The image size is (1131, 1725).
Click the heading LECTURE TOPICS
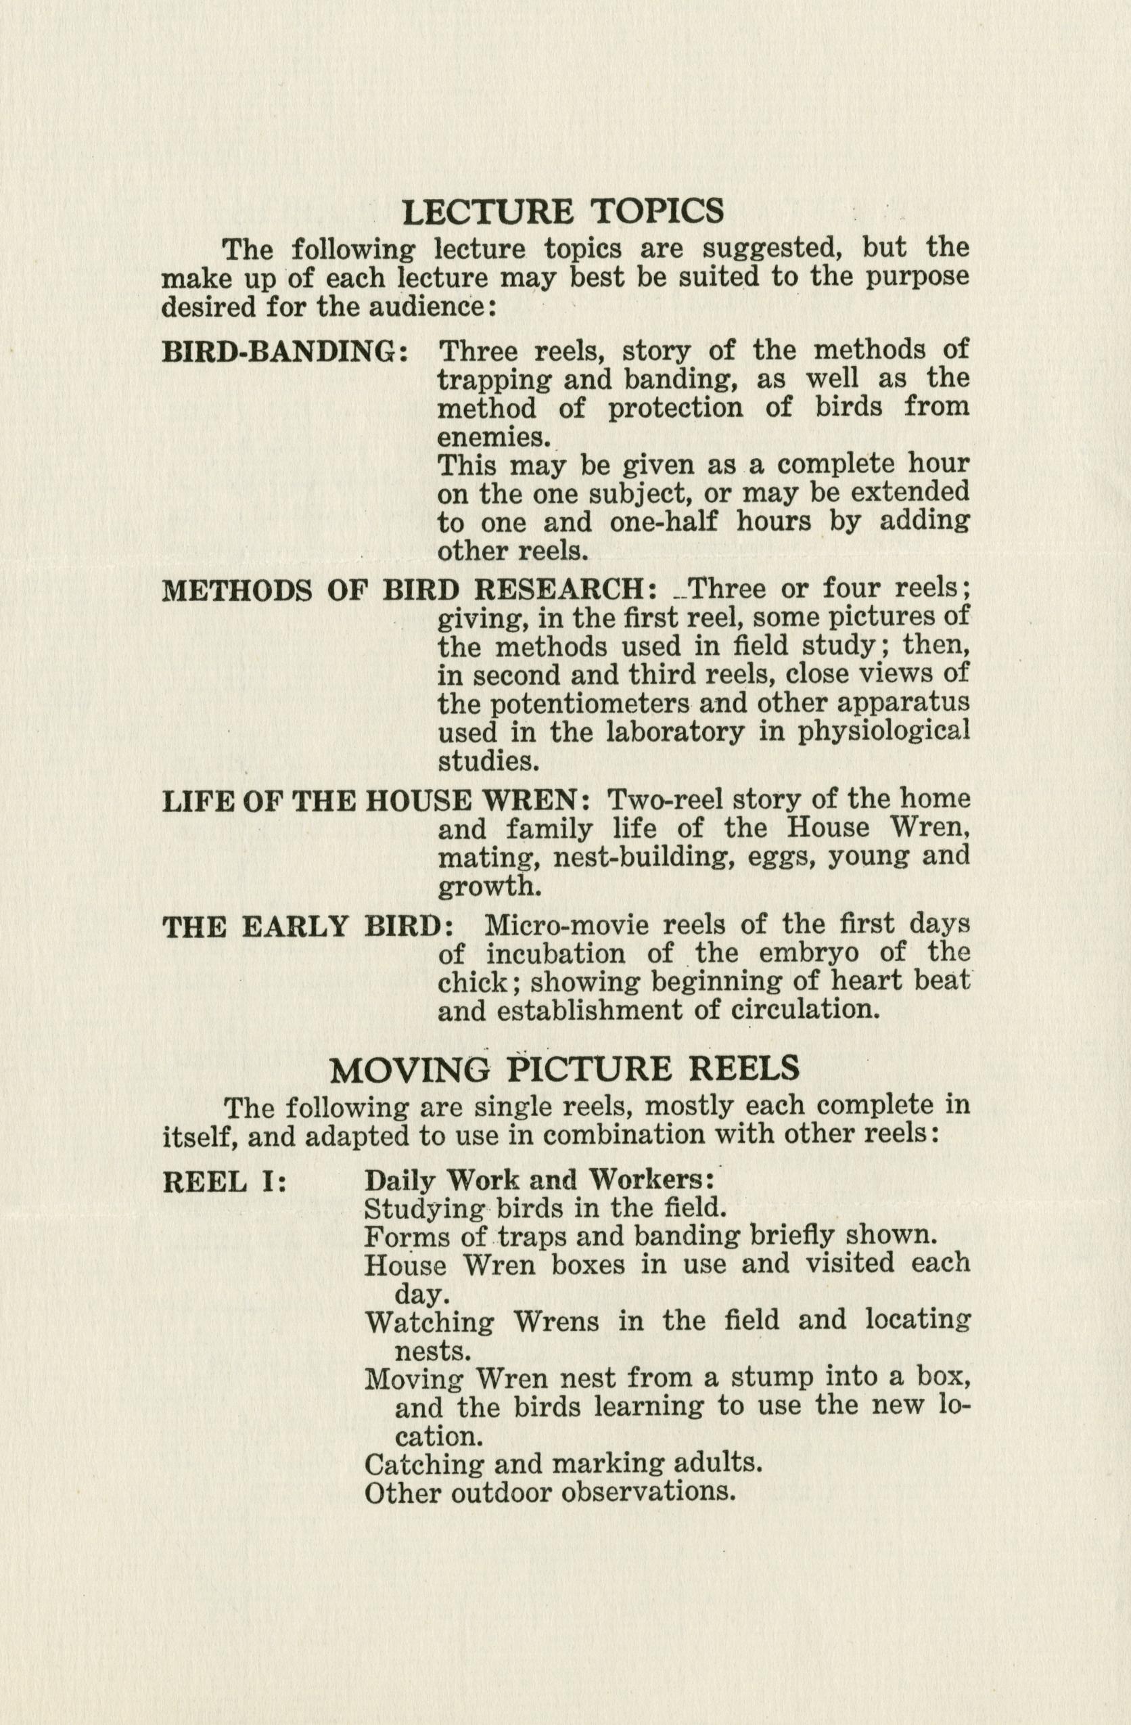[563, 211]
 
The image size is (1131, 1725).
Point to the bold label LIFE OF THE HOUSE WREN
[375, 801]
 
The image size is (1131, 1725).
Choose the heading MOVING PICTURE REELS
[564, 1069]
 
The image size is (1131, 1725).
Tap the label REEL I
[225, 1182]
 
